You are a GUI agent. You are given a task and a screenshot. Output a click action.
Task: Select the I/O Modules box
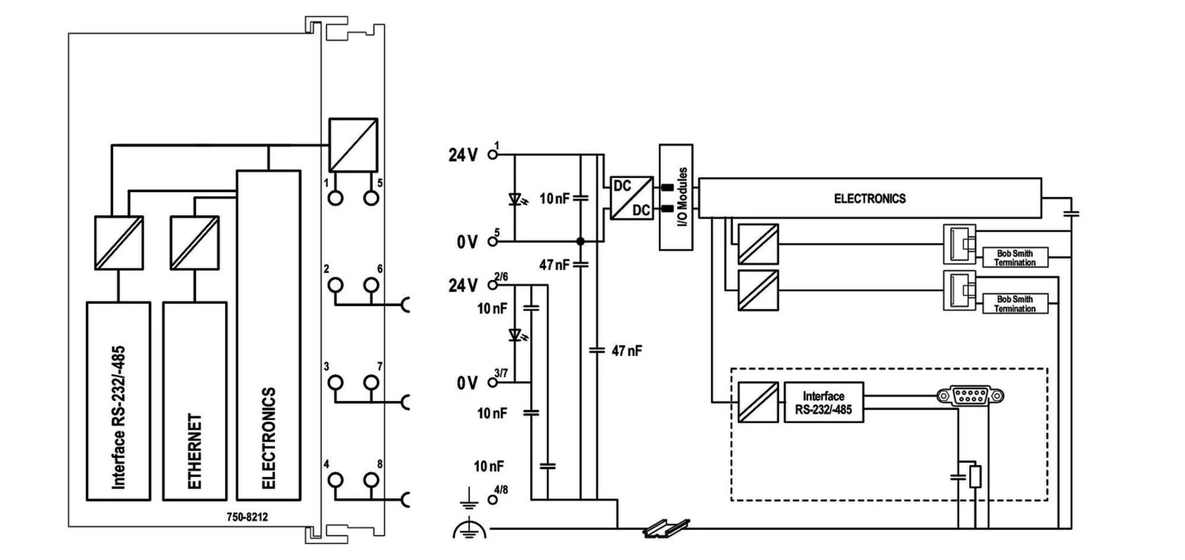(x=675, y=197)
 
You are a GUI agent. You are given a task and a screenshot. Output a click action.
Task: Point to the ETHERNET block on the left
(x=194, y=400)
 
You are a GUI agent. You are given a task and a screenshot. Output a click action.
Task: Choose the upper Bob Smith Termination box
(x=1015, y=256)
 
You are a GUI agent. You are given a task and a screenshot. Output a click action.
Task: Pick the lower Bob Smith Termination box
(x=1015, y=303)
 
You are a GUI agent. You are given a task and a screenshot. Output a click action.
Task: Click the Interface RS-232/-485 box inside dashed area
(x=824, y=402)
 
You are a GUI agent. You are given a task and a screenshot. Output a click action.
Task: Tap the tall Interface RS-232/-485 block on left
(x=118, y=400)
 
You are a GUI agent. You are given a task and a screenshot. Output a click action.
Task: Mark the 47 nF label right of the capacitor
(x=627, y=350)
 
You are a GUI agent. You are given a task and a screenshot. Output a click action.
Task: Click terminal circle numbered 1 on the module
(x=335, y=198)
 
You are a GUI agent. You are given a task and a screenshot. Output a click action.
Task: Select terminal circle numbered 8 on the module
(x=371, y=480)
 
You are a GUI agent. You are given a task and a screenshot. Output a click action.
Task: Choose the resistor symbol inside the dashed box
(x=976, y=477)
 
